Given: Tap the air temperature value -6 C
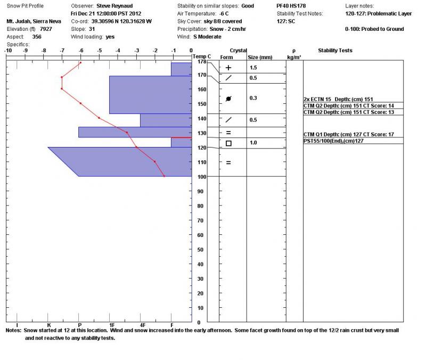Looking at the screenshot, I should (236, 13).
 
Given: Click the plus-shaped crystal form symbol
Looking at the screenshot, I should (228, 68).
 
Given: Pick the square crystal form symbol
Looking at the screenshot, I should (228, 143).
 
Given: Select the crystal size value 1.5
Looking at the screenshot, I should (253, 68).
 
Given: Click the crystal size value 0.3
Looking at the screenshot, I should (253, 98).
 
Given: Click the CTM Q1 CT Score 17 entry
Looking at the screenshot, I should (348, 134).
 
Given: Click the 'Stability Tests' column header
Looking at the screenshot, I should (335, 51).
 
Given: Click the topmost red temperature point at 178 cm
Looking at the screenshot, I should (80, 62).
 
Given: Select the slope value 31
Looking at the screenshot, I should (92, 29).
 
